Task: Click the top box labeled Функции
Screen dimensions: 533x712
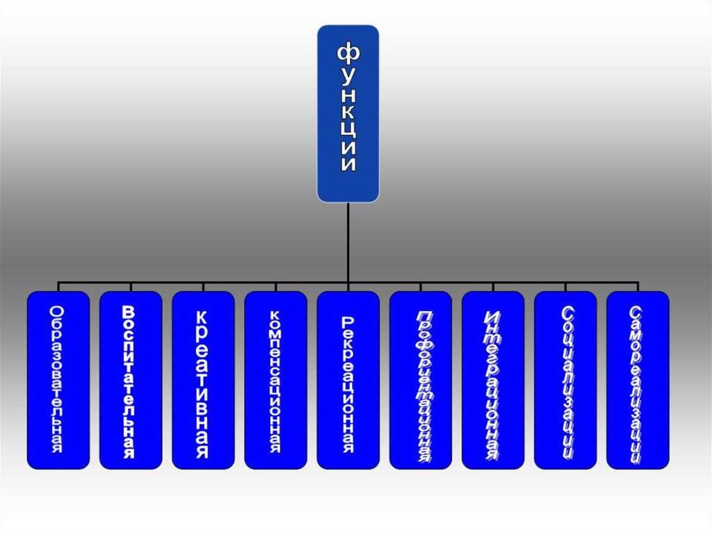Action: coord(348,114)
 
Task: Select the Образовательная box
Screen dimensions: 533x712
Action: coord(58,379)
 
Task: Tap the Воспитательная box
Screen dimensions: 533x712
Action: coord(131,379)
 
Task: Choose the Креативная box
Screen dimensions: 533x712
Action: coord(203,379)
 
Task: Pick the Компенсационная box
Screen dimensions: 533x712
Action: coord(275,379)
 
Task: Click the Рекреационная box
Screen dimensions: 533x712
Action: coord(348,379)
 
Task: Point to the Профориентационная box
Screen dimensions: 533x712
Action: coord(420,379)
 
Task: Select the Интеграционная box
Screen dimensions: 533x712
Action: coord(492,379)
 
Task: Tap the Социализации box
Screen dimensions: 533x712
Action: coord(565,379)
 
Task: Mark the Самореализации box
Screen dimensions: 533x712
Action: coord(637,379)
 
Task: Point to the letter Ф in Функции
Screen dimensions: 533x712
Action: coord(348,51)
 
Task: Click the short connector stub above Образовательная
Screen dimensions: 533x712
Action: coord(58,286)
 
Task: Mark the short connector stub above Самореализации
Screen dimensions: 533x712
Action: coord(637,286)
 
